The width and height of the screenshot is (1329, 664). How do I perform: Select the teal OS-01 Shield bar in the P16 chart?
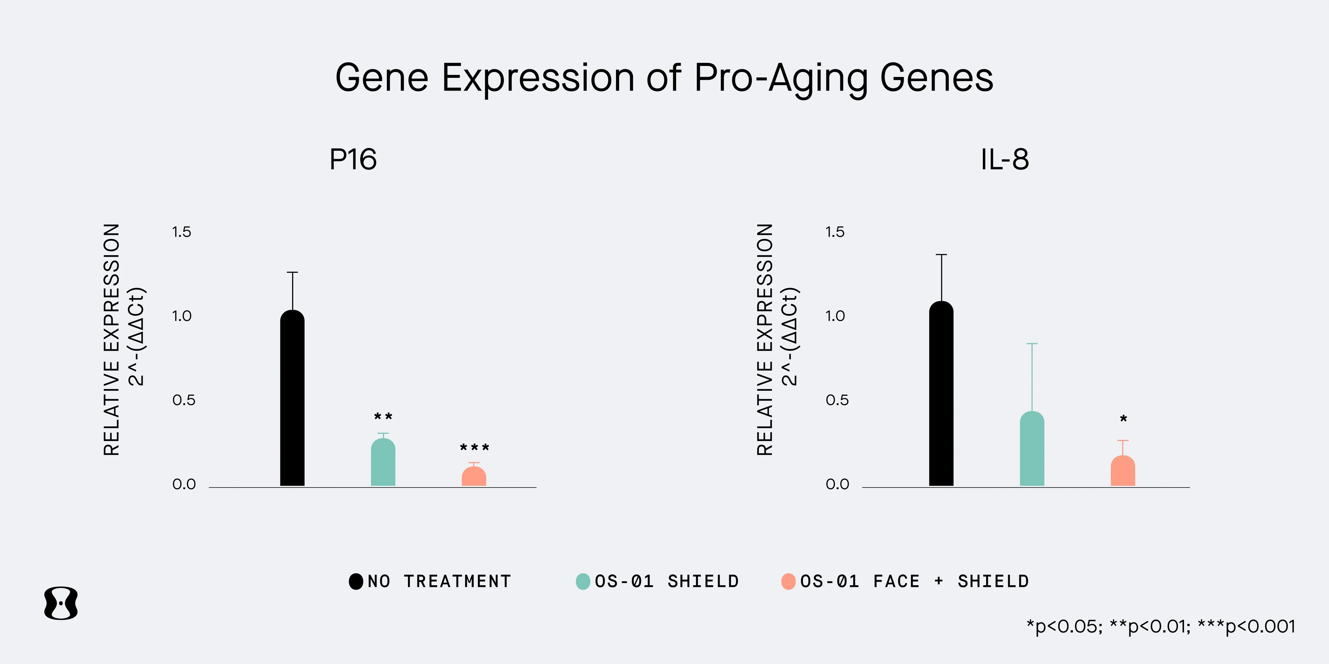(x=383, y=462)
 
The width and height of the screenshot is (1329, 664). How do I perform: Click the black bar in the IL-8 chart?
(x=941, y=394)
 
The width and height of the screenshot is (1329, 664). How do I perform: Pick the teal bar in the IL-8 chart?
(x=1032, y=449)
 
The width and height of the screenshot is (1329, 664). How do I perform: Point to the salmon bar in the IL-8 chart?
(x=1123, y=471)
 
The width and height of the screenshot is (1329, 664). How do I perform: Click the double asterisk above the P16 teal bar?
(x=383, y=416)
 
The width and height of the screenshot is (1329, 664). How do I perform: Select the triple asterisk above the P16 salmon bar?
(x=474, y=448)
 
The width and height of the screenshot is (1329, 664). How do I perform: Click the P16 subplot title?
(x=353, y=159)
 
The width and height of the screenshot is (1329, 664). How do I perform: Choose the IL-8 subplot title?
(x=1004, y=159)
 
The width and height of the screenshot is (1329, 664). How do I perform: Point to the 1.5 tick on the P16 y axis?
(x=182, y=232)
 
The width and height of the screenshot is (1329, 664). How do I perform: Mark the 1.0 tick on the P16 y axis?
(x=182, y=316)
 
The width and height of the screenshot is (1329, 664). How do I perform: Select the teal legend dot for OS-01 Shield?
(x=583, y=581)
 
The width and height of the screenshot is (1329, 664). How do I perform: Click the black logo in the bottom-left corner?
(x=61, y=603)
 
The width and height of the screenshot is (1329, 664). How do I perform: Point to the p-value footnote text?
(x=1161, y=626)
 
